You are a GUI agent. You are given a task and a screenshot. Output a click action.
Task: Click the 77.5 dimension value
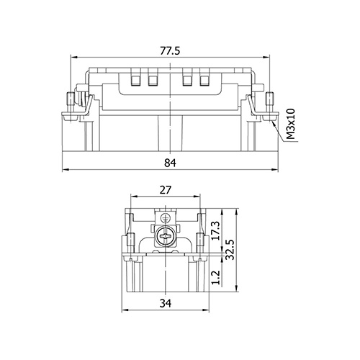click(x=170, y=51)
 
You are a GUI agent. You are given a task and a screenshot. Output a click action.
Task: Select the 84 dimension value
click(x=170, y=163)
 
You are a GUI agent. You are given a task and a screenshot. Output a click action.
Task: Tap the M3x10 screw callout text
click(x=291, y=124)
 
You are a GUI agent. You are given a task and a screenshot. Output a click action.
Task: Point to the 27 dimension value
click(x=166, y=190)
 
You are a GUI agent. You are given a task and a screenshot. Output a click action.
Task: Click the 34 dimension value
click(x=166, y=303)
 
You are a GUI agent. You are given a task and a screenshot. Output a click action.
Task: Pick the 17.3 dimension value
click(x=215, y=230)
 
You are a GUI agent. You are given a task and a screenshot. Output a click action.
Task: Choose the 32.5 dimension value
click(x=230, y=250)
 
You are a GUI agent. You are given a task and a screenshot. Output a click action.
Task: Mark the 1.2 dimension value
click(x=216, y=277)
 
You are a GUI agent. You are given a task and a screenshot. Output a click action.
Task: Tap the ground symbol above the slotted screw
click(x=165, y=218)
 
